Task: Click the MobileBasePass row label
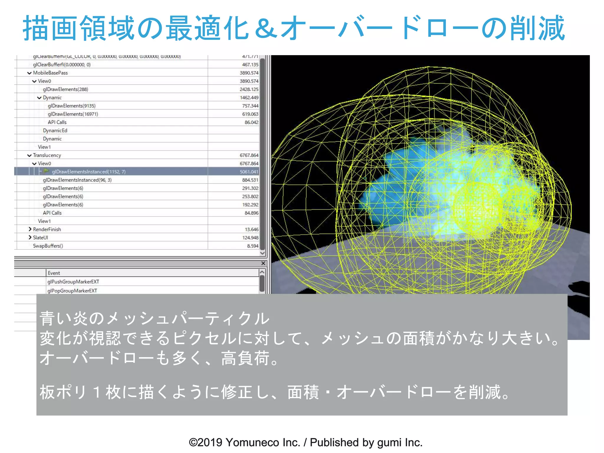[x=50, y=73]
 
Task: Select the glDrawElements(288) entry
[x=65, y=89]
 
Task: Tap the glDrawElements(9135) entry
[x=71, y=106]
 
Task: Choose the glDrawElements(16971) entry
[x=73, y=114]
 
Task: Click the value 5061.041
[x=249, y=172]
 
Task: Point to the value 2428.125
[x=249, y=89]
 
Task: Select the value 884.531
[x=250, y=180]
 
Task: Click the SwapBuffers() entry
[x=48, y=246]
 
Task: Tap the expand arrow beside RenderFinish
[x=30, y=229]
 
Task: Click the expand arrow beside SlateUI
[x=30, y=237]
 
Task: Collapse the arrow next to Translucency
[x=29, y=155]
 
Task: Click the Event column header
[x=54, y=273]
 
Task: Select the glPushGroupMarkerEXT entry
[x=73, y=282]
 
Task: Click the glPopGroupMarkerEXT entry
[x=72, y=291]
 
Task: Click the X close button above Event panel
[x=263, y=263]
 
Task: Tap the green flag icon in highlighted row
[x=46, y=171]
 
